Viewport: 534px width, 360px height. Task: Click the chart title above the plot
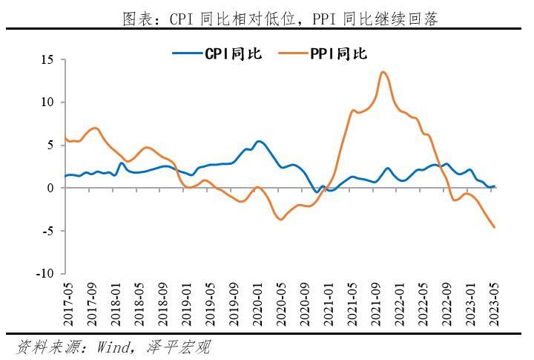280,19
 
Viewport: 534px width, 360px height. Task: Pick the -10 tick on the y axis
47,274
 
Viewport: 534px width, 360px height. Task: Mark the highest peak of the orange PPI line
382,72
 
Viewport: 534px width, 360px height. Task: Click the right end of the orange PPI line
495,227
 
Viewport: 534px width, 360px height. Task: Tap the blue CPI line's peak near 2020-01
258,141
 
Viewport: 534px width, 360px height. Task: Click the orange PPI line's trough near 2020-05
281,219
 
